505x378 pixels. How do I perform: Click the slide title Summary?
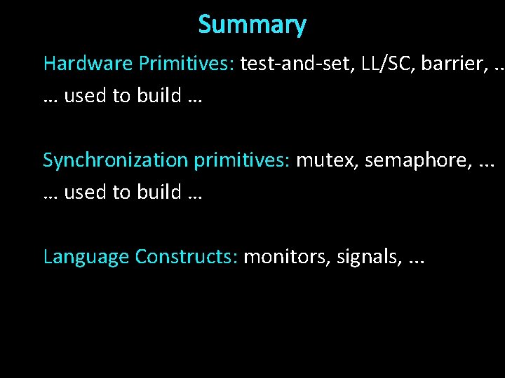252,25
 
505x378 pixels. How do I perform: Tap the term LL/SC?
383,64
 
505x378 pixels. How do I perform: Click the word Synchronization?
116,160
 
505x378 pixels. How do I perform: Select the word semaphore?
415,160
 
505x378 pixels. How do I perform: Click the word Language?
86,257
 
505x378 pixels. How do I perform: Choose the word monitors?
286,257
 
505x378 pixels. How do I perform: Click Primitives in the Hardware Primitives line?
186,64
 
